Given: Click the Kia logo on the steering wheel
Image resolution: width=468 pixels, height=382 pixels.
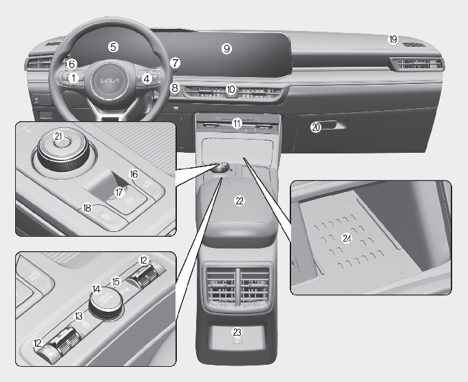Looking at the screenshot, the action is (109, 81).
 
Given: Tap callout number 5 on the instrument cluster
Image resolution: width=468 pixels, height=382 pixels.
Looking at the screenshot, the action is (113, 47).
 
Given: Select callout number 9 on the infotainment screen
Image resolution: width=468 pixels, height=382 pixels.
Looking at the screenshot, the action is (226, 48).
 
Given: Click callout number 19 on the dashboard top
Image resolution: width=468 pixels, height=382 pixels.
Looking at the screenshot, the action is (393, 39).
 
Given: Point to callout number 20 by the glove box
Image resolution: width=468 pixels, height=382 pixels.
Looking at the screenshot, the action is (316, 127).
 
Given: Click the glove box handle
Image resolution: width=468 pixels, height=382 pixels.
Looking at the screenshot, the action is (334, 125).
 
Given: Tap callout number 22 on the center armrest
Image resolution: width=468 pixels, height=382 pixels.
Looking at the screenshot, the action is (240, 201).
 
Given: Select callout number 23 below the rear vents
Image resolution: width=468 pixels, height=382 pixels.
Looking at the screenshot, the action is (237, 332).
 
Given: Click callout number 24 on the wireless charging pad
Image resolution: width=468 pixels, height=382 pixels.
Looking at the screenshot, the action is (347, 238).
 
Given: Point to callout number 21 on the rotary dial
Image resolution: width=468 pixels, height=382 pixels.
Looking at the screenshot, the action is (58, 136).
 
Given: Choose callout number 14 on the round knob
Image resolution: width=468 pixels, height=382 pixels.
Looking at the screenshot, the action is (96, 289).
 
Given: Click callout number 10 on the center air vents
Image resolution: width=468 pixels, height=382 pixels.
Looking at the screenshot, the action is (231, 89).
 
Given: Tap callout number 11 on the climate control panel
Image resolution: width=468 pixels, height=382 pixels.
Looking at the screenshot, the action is (237, 123).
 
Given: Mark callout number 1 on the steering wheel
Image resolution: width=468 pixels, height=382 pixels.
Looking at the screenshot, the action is (74, 78).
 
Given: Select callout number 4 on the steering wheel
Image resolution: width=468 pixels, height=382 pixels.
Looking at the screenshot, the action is (147, 78).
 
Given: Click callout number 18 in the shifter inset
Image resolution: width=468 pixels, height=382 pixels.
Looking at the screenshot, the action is (87, 208).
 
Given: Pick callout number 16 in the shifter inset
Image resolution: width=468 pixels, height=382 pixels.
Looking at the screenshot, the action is (134, 174).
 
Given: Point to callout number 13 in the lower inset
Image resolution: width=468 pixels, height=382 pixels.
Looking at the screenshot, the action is (78, 316).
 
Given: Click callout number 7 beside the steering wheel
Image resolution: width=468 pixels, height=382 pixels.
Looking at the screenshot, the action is (175, 63).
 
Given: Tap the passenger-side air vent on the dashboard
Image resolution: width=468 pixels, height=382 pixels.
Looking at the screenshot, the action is (418, 64).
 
